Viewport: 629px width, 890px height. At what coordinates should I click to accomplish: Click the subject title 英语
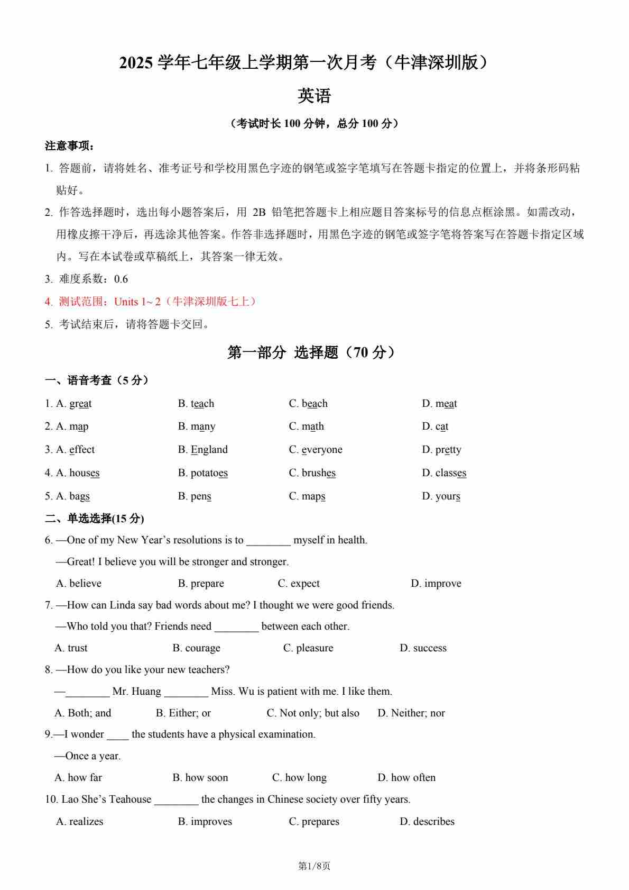click(314, 96)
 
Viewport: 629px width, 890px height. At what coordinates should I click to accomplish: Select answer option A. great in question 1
click(73, 404)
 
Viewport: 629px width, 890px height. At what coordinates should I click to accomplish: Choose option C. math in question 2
click(306, 426)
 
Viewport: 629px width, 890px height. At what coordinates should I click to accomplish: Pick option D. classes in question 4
click(443, 473)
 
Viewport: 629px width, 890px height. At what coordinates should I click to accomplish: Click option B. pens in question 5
click(195, 496)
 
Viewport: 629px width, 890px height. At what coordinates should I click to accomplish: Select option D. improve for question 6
click(436, 584)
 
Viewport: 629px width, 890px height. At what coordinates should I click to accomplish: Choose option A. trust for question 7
click(71, 648)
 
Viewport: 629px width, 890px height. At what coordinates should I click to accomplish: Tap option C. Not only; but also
click(312, 713)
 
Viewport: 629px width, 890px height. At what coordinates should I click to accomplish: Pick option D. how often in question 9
click(406, 778)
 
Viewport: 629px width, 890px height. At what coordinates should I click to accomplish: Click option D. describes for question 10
click(427, 822)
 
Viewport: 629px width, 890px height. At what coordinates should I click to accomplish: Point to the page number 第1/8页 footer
click(314, 866)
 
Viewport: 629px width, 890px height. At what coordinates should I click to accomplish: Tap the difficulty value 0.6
click(121, 279)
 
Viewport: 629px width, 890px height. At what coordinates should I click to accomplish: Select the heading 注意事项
click(69, 146)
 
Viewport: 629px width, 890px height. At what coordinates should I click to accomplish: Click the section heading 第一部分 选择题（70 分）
click(311, 352)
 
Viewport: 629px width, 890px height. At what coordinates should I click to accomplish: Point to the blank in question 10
click(176, 800)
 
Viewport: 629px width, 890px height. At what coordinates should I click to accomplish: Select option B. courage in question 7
click(196, 648)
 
